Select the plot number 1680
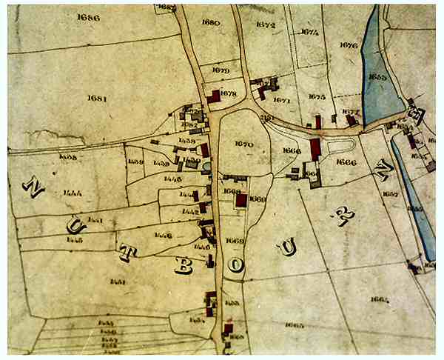(211, 23)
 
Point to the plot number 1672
(265, 25)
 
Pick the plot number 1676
(348, 44)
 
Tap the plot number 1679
(220, 70)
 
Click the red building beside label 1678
(215, 96)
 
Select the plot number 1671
(281, 99)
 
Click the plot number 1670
(243, 143)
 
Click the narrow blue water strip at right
(414, 200)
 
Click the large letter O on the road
(235, 264)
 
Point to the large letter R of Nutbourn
(344, 213)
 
